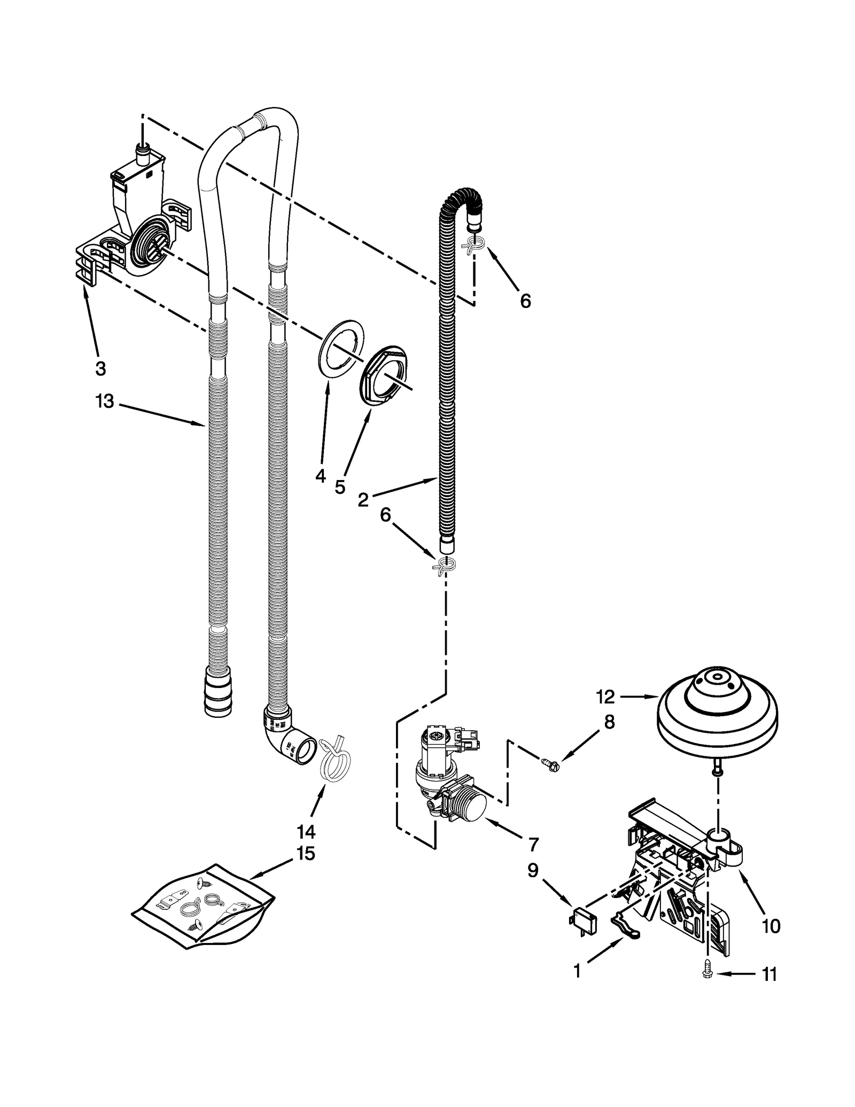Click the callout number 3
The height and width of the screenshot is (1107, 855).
[100, 368]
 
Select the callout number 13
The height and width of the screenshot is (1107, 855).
[105, 401]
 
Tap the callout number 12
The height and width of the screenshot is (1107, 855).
[605, 696]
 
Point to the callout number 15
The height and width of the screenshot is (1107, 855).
[305, 854]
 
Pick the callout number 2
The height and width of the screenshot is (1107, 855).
[363, 500]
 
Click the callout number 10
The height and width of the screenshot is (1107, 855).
[771, 926]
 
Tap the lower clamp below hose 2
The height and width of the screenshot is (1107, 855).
[444, 565]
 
